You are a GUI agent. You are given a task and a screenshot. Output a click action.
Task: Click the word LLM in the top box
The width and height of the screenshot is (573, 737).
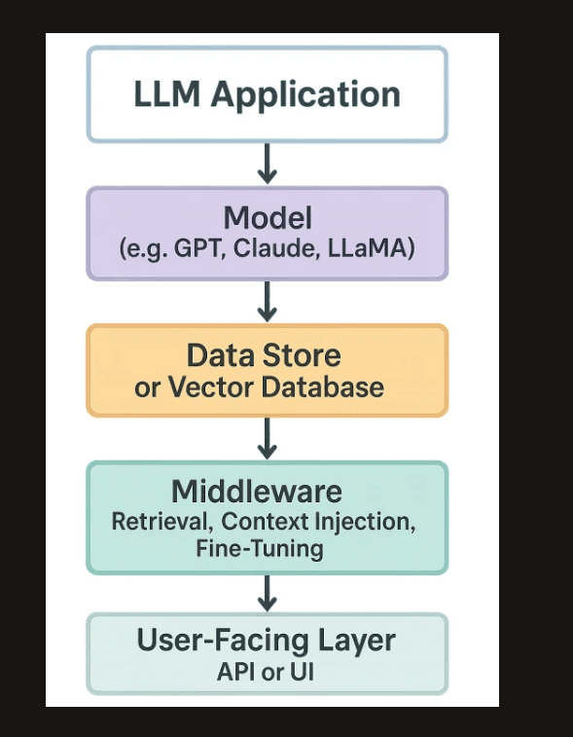coord(168,95)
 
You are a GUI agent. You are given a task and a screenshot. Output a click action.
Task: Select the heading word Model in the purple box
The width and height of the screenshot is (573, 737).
coord(267,216)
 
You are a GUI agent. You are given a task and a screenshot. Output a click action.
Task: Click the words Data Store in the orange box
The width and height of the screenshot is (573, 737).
coord(264,354)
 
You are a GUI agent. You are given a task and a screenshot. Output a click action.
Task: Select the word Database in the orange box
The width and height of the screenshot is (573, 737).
coord(320,387)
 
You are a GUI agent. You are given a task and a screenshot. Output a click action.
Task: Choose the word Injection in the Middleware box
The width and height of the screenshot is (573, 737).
coord(369,521)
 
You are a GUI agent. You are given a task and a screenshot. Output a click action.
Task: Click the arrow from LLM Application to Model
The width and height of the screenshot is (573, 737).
coord(267,164)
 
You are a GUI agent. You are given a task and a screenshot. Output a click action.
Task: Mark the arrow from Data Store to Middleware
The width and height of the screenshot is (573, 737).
coord(267,438)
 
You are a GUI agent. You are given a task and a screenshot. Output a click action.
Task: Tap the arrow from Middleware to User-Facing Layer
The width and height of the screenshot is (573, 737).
coord(267,592)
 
